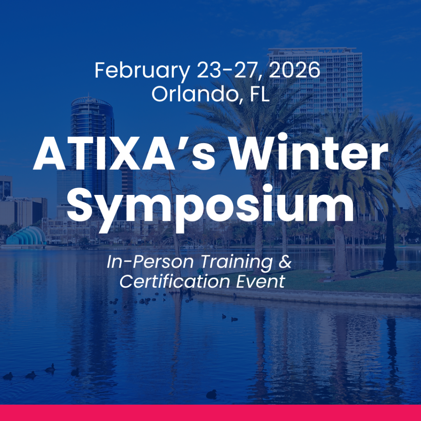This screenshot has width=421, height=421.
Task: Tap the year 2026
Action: (294, 70)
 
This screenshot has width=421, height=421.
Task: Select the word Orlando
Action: (194, 94)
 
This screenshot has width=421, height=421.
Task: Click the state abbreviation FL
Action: (259, 94)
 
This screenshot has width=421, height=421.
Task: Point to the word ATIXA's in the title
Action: (123, 154)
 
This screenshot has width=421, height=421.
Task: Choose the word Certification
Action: (174, 281)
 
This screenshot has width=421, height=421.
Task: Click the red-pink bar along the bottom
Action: (210, 413)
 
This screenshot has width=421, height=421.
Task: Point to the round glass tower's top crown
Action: (91, 102)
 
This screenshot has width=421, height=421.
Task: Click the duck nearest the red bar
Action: (211, 394)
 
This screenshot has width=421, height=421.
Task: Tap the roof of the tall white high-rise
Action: (312, 50)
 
